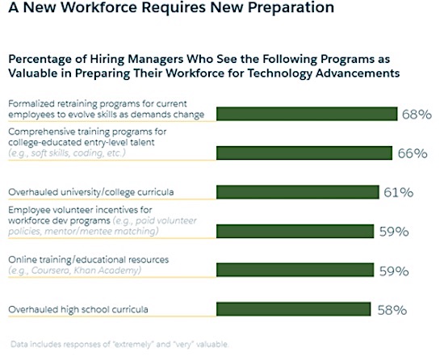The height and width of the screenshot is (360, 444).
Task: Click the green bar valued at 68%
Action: [x=307, y=114]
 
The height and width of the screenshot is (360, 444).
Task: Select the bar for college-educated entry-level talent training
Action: [x=304, y=153]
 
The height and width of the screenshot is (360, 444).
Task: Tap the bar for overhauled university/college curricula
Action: [x=297, y=192]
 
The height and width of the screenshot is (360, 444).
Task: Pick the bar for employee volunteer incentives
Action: [x=294, y=232]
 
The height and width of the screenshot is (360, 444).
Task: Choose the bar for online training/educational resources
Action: [x=294, y=270]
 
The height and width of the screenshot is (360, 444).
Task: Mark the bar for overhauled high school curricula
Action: [x=293, y=309]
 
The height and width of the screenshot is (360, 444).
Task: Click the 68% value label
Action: [x=417, y=114]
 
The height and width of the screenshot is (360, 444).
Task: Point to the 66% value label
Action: [x=412, y=153]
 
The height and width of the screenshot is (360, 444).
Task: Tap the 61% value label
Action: [x=399, y=193]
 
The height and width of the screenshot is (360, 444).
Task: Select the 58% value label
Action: [x=392, y=310]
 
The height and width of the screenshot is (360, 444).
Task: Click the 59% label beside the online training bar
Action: [x=393, y=271]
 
